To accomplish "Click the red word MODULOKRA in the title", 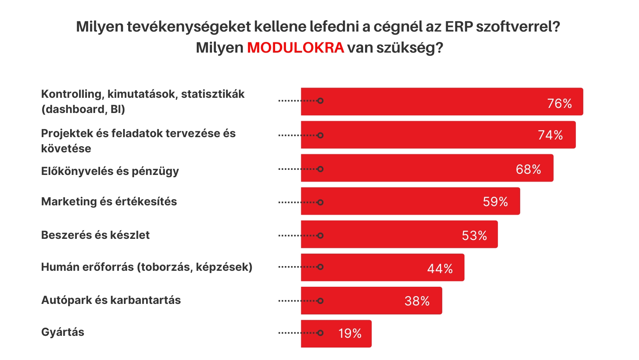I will point(295,48).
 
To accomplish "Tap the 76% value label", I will point(559,104).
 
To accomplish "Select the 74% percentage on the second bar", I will point(550,135).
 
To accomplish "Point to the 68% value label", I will point(528,169).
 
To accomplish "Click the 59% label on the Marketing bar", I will point(495,202).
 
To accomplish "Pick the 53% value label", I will point(474,236).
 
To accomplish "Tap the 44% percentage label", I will point(440,269).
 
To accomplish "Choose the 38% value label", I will point(417,301).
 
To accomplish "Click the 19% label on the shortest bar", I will point(350,334).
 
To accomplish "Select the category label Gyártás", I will point(63,332).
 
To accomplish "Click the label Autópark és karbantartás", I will point(111,300).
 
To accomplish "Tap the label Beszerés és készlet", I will point(95,235).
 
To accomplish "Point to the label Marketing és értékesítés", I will point(109,202).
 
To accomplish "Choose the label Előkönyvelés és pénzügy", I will point(110,171).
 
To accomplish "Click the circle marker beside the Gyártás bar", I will point(320,333).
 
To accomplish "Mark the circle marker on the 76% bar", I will point(320,101).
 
